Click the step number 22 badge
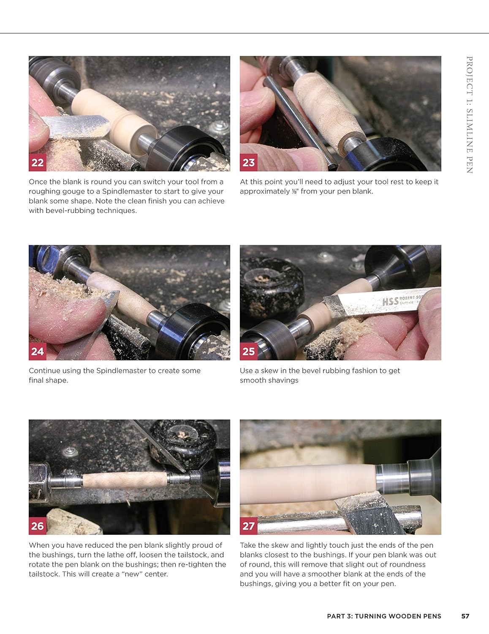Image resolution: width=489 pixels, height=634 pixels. pos(37,163)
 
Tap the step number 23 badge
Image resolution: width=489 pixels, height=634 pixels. pos(248,163)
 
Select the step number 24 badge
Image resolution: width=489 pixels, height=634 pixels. pos(37,351)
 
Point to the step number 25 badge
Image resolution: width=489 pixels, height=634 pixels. pos(248,351)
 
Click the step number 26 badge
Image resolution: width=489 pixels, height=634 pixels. pos(37,526)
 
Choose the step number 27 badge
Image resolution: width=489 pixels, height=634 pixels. pos(248,526)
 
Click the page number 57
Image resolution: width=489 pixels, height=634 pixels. pos(465,616)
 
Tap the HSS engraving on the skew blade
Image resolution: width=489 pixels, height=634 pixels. pos(390,301)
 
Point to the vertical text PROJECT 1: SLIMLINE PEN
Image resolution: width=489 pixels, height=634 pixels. pos(470,115)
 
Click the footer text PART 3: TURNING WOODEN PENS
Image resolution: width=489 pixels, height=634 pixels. pos(384,616)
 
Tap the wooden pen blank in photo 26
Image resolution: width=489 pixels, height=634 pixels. pos(125,480)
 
